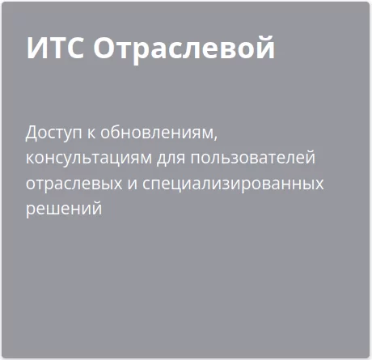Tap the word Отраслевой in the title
pos(184,49)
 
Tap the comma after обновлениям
pos(217,135)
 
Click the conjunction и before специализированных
pos(131,183)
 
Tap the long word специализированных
pos(232,183)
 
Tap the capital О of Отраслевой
pos(105,49)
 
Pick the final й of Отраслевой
pos(267,49)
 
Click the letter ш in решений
pos(57,209)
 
